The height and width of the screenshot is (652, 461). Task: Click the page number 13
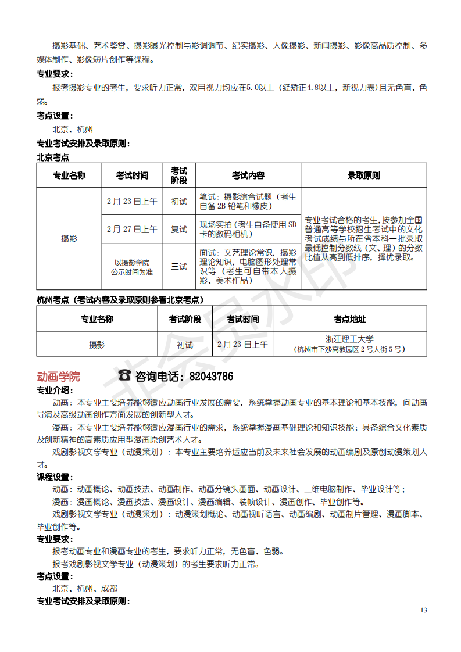[423, 610]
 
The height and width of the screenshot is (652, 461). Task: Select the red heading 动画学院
[58, 377]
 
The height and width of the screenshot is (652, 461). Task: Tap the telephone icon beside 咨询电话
[124, 376]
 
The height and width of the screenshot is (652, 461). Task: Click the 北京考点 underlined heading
[53, 157]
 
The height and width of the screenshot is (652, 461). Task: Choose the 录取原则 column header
[363, 175]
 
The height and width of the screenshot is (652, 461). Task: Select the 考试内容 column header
[248, 175]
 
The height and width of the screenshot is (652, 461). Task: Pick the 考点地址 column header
[349, 319]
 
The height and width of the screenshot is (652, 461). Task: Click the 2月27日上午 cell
[132, 230]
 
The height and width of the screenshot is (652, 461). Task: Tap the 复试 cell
[179, 230]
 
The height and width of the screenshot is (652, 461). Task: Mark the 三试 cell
[179, 267]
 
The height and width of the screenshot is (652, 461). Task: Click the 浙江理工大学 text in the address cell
[349, 339]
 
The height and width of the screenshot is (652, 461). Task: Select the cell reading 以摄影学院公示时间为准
[132, 267]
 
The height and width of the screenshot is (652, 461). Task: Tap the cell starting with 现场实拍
[248, 230]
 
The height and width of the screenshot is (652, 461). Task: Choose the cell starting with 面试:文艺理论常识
[248, 267]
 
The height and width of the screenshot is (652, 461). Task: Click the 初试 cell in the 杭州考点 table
[185, 345]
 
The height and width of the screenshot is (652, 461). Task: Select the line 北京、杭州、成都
[85, 588]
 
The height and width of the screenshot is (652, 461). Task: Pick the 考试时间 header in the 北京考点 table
[132, 175]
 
